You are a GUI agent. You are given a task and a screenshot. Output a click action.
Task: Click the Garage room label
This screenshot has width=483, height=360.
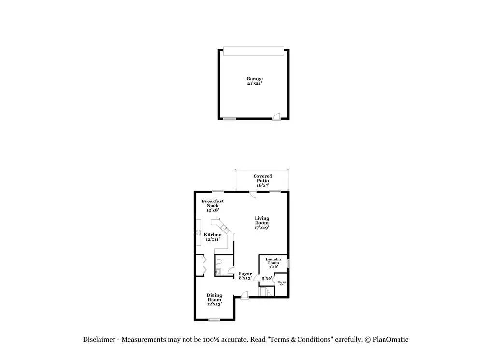(x=255, y=79)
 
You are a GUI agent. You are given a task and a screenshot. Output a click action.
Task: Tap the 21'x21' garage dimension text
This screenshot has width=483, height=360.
(x=255, y=84)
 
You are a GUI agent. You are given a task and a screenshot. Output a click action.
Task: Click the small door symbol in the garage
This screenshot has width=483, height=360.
(x=276, y=116)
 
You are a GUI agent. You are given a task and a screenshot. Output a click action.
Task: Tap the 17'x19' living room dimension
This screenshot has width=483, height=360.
(x=262, y=227)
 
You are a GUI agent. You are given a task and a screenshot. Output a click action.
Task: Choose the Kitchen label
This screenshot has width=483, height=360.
(x=213, y=234)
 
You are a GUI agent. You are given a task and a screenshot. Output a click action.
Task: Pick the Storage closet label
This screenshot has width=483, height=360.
(x=282, y=282)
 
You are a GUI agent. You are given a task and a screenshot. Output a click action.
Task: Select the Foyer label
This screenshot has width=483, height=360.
(x=245, y=274)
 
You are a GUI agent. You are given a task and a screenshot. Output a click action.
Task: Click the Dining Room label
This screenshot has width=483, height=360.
(x=214, y=295)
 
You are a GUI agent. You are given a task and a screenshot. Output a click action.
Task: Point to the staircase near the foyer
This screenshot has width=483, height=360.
(x=264, y=292)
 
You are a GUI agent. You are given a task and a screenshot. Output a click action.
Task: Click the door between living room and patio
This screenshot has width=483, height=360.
(x=253, y=195)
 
